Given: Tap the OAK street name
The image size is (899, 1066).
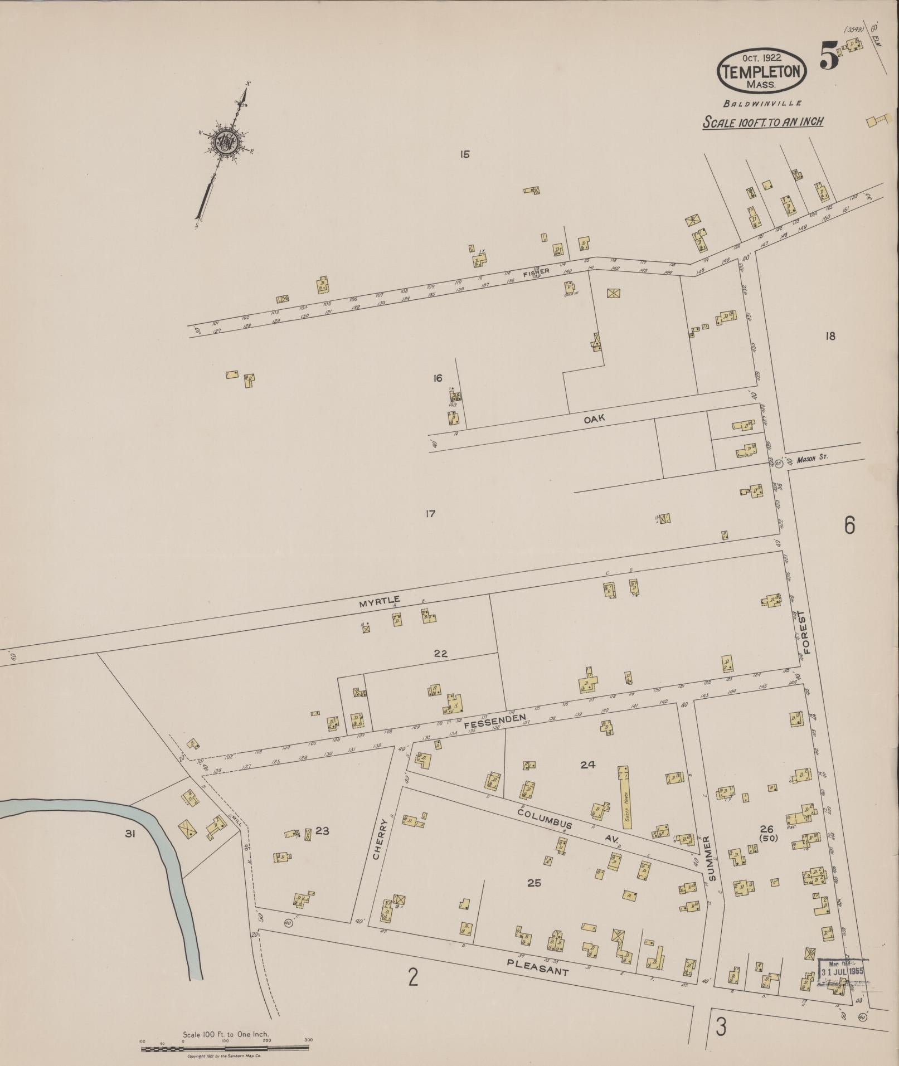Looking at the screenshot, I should pos(594,419).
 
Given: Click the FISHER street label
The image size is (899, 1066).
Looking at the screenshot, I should pos(536,272).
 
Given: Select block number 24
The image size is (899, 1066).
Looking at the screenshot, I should pos(587,765).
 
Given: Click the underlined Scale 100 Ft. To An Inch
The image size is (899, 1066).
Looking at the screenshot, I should pos(762,122).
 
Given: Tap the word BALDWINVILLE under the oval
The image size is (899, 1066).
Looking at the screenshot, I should pos(762,103).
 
